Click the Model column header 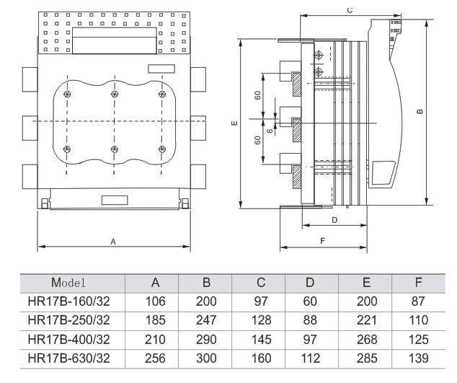pos(68,282)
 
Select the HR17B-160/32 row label pos(68,301)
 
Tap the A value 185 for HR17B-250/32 pos(156,320)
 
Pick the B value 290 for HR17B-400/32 pos(206,339)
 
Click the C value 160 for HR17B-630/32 pos(261,358)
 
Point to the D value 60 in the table pos(310,301)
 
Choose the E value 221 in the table pos(367,320)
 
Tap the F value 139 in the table pos(418,358)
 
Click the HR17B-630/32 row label pos(68,358)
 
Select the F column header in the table pos(419,282)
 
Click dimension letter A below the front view pos(113,242)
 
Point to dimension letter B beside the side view pos(420,111)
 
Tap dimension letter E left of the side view pos(234,123)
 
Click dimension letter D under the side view pos(334,220)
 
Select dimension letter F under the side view pos(322,241)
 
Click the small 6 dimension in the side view pos(270,131)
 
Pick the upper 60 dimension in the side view pos(257,95)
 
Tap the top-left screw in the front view pos(67,94)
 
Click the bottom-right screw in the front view pos(162,149)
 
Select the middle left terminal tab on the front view pos(30,128)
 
